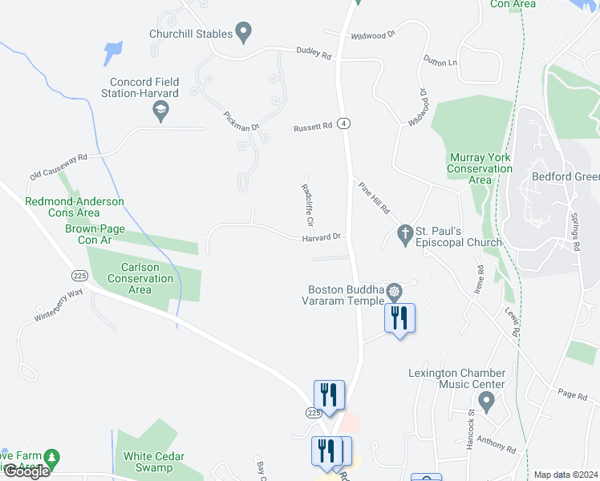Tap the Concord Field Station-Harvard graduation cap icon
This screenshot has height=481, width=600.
tap(160, 111)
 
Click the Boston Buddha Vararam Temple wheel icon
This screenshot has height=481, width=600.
tap(394, 290)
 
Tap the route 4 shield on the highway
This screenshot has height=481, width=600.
tap(344, 123)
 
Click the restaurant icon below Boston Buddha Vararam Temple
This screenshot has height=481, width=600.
tap(399, 318)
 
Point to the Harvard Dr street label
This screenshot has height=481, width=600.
tap(322, 237)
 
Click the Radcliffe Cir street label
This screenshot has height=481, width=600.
tap(307, 205)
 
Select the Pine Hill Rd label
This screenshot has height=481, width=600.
tap(374, 197)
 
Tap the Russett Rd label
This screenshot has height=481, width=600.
tap(312, 127)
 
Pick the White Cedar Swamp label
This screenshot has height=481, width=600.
tap(154, 462)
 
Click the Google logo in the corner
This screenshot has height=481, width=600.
tap(26, 471)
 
